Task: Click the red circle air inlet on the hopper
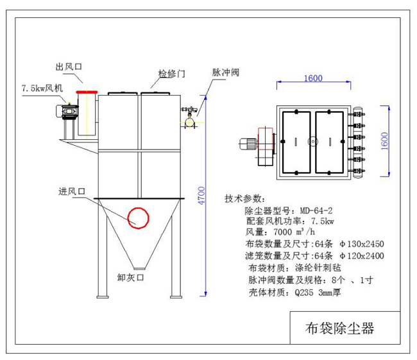tap(137, 218)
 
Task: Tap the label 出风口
tap(70, 67)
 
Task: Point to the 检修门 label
tap(172, 74)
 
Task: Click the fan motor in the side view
tap(64, 112)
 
